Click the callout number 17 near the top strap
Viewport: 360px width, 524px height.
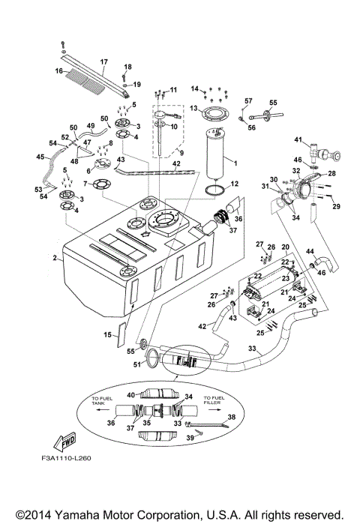pos(103,61)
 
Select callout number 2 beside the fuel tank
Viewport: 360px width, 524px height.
pos(55,259)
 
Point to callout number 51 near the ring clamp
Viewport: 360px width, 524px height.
pos(136,366)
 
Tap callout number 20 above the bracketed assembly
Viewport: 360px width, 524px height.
pos(285,247)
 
